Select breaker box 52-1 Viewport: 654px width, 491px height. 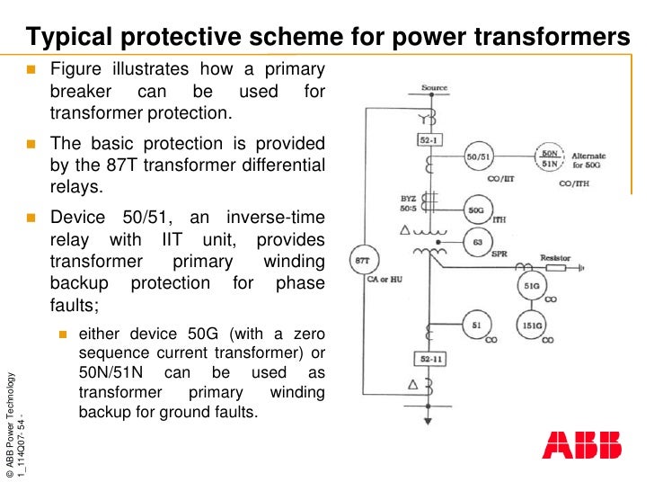(428, 141)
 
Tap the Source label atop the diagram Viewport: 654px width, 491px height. (434, 89)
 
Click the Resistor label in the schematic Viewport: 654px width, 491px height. (554, 257)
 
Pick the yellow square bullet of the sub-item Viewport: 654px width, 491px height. (63, 335)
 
